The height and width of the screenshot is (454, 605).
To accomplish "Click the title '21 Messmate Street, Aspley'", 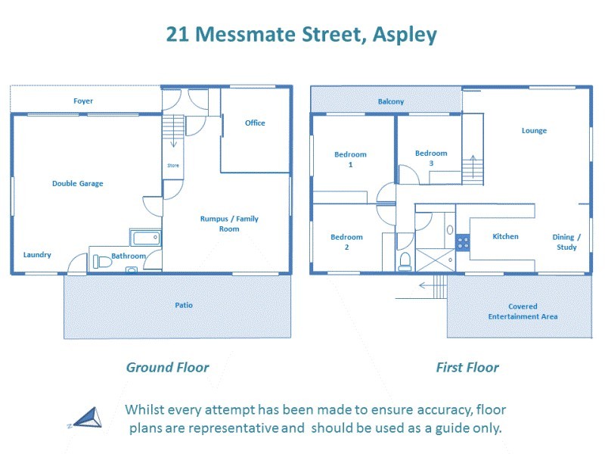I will click(x=301, y=35).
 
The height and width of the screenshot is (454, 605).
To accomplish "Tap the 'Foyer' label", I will click(x=83, y=101).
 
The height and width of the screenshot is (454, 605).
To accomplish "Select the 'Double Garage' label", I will click(x=78, y=183).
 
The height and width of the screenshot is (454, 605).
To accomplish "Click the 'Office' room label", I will click(x=255, y=123).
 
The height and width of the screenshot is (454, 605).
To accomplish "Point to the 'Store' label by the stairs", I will click(x=172, y=165).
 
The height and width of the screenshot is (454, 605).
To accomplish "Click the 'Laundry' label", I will click(x=37, y=254).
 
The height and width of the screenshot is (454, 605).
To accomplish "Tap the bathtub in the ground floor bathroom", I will click(x=144, y=239).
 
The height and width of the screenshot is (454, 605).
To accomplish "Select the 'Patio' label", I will click(x=184, y=305).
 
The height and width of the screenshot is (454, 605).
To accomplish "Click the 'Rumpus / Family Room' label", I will click(x=229, y=223).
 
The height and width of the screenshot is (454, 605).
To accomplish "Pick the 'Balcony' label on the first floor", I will click(x=391, y=101).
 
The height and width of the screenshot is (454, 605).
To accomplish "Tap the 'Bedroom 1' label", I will click(x=350, y=159).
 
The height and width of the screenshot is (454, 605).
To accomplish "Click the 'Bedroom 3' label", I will click(x=431, y=157).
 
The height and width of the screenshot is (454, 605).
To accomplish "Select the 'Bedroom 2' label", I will click(x=346, y=241).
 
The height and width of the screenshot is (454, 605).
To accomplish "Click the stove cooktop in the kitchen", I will click(x=463, y=242).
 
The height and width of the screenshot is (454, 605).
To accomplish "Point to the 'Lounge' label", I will click(x=534, y=130).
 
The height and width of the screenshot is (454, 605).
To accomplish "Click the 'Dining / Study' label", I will click(x=566, y=241).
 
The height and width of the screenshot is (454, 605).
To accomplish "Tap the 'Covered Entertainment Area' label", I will click(x=523, y=311).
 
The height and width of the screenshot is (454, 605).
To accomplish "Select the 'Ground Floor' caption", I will click(x=167, y=368).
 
